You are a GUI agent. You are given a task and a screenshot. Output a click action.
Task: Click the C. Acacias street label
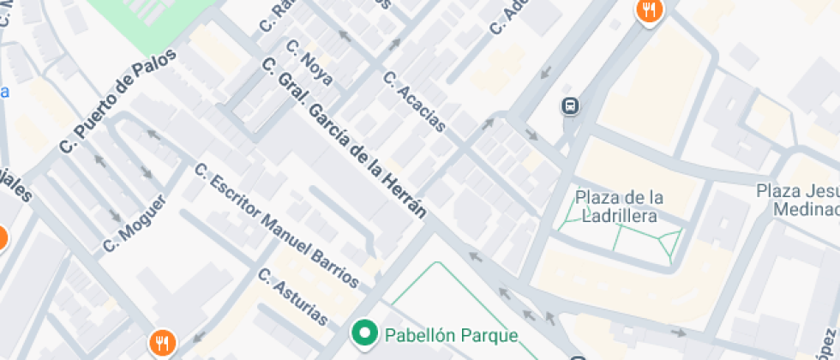pyautogui.click(x=415, y=101)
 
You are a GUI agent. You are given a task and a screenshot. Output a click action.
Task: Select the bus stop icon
pyautogui.click(x=570, y=106)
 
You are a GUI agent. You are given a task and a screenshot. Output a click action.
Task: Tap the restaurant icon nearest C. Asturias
pyautogui.click(x=161, y=344)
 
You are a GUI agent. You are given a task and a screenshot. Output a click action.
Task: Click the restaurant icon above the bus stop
pyautogui.click(x=649, y=11)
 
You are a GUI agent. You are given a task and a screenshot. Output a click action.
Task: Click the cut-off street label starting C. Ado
pyautogui.click(x=507, y=16)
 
